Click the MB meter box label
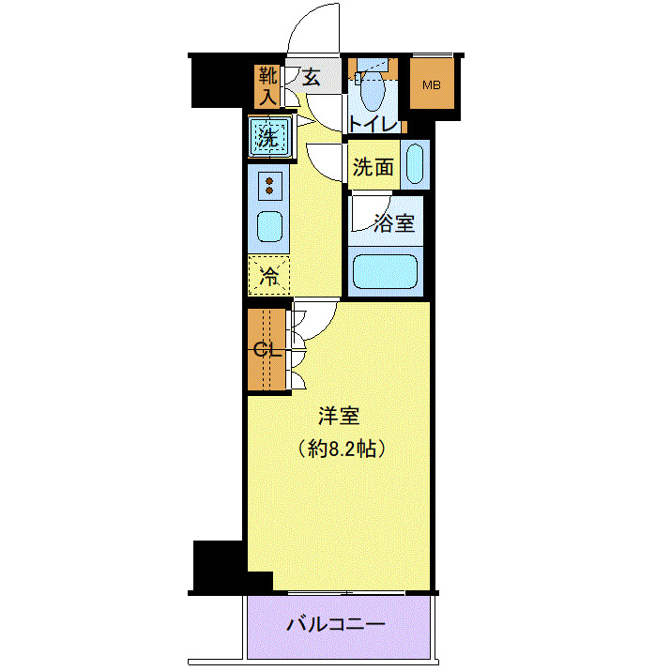pos(431,85)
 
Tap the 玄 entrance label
pos(311,78)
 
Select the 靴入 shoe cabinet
pos(267,85)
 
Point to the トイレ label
pos(374,123)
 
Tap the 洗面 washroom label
pos(373,168)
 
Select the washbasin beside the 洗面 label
pos(415,165)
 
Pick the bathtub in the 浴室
pos(386,272)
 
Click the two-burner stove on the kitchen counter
pos(269,185)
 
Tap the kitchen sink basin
pos(269,225)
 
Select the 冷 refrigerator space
pos(268,276)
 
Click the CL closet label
pos(267,349)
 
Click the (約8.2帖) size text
pos(339,449)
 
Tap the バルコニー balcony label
pos(336,624)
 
